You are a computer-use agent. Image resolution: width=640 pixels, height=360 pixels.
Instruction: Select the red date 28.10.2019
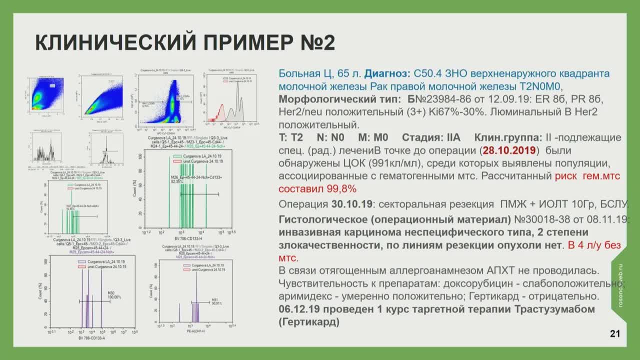click(x=509, y=150)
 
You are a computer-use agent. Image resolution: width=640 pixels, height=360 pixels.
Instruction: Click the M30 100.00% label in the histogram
click(x=114, y=295)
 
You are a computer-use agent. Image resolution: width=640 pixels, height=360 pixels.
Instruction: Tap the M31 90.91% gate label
click(x=216, y=301)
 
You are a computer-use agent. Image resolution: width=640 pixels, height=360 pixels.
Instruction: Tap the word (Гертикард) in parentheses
click(x=309, y=322)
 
